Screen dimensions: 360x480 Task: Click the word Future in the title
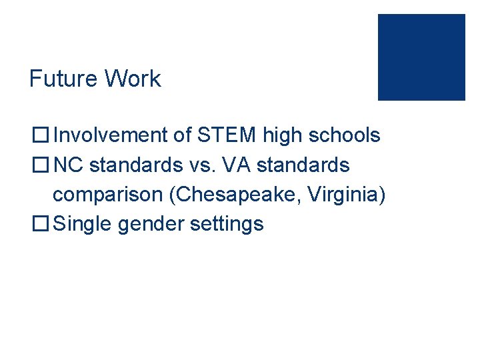61,79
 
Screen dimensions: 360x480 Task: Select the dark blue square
421,57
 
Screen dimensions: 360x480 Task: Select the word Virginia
348,195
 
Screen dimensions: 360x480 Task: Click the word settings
227,224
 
